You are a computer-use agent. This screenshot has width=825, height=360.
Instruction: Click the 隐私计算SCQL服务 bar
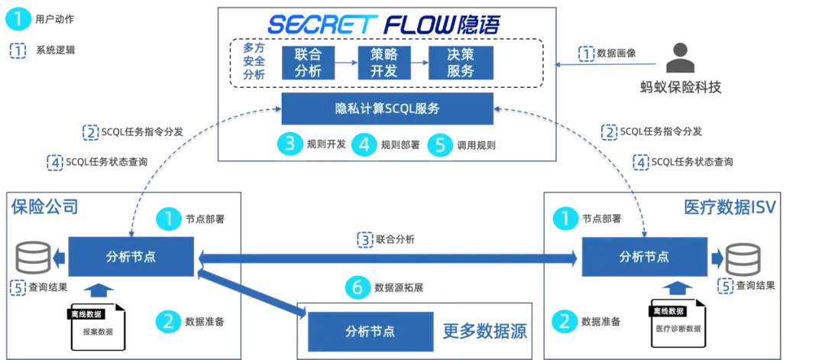coord(386,109)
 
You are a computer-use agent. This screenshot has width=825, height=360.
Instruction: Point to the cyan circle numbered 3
coord(290,144)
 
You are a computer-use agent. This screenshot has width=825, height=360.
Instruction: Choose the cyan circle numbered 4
coord(364,144)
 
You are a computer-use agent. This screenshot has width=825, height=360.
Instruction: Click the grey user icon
coord(678,56)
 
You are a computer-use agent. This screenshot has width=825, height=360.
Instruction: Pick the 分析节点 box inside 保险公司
coord(131,257)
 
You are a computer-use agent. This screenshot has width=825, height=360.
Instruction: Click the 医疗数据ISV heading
coord(730,206)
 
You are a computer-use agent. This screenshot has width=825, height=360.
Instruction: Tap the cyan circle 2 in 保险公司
coord(169,321)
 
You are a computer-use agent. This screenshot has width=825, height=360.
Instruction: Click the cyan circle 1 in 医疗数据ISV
coord(565,219)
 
